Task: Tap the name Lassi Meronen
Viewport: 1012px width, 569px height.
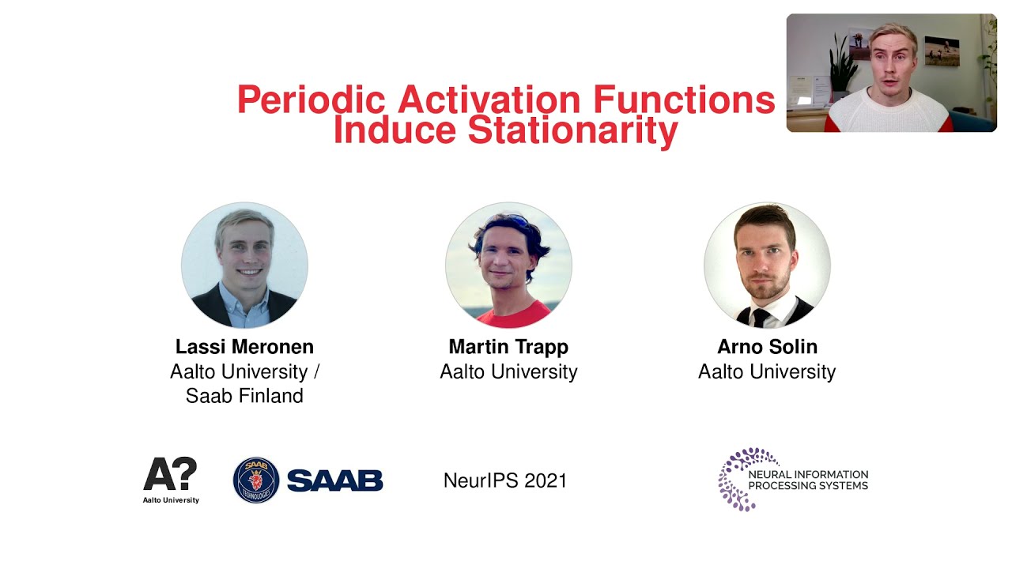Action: pos(244,347)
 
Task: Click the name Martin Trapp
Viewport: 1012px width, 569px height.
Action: pos(508,347)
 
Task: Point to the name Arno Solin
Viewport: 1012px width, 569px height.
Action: pos(767,347)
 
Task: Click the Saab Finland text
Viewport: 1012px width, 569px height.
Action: pos(244,396)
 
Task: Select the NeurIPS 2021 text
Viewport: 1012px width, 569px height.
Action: pos(505,480)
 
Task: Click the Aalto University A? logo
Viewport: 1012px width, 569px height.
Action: pos(171,477)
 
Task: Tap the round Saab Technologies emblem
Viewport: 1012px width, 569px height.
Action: pos(256,480)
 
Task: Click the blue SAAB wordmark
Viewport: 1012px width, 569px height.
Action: pos(334,480)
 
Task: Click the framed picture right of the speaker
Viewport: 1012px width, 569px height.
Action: pos(942,51)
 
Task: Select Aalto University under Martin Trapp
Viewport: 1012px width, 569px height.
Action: pos(508,371)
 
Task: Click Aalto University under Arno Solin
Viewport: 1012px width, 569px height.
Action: pos(767,371)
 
